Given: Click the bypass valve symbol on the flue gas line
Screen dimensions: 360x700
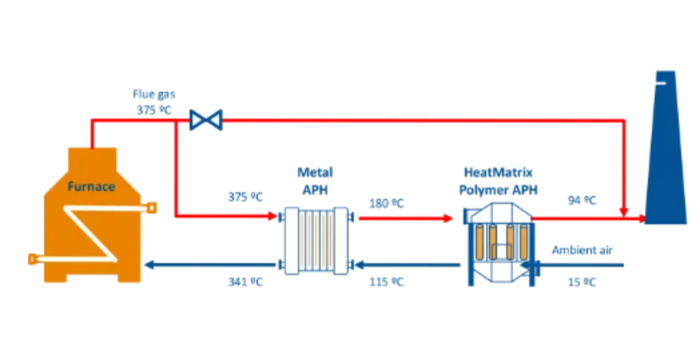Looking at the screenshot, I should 206,120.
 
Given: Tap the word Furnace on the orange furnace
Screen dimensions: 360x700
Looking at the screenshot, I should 91,187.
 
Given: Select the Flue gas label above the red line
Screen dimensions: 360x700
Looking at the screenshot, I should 154,94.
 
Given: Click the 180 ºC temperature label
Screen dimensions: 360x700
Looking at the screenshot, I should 387,204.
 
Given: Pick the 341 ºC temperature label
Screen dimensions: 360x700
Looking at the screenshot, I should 245,282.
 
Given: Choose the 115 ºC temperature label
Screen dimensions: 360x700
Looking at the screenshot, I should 387,282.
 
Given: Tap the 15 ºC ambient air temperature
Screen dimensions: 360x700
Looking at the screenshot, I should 582,282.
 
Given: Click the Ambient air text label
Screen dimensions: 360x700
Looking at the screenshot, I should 582,250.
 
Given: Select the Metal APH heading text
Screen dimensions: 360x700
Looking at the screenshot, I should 315,181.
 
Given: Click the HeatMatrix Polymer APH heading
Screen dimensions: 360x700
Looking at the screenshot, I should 498,181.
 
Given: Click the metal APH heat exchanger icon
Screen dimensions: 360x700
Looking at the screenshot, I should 316,241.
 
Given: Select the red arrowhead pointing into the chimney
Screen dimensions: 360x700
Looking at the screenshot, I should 641,219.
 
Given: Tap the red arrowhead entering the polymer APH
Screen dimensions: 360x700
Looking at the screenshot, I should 448,219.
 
